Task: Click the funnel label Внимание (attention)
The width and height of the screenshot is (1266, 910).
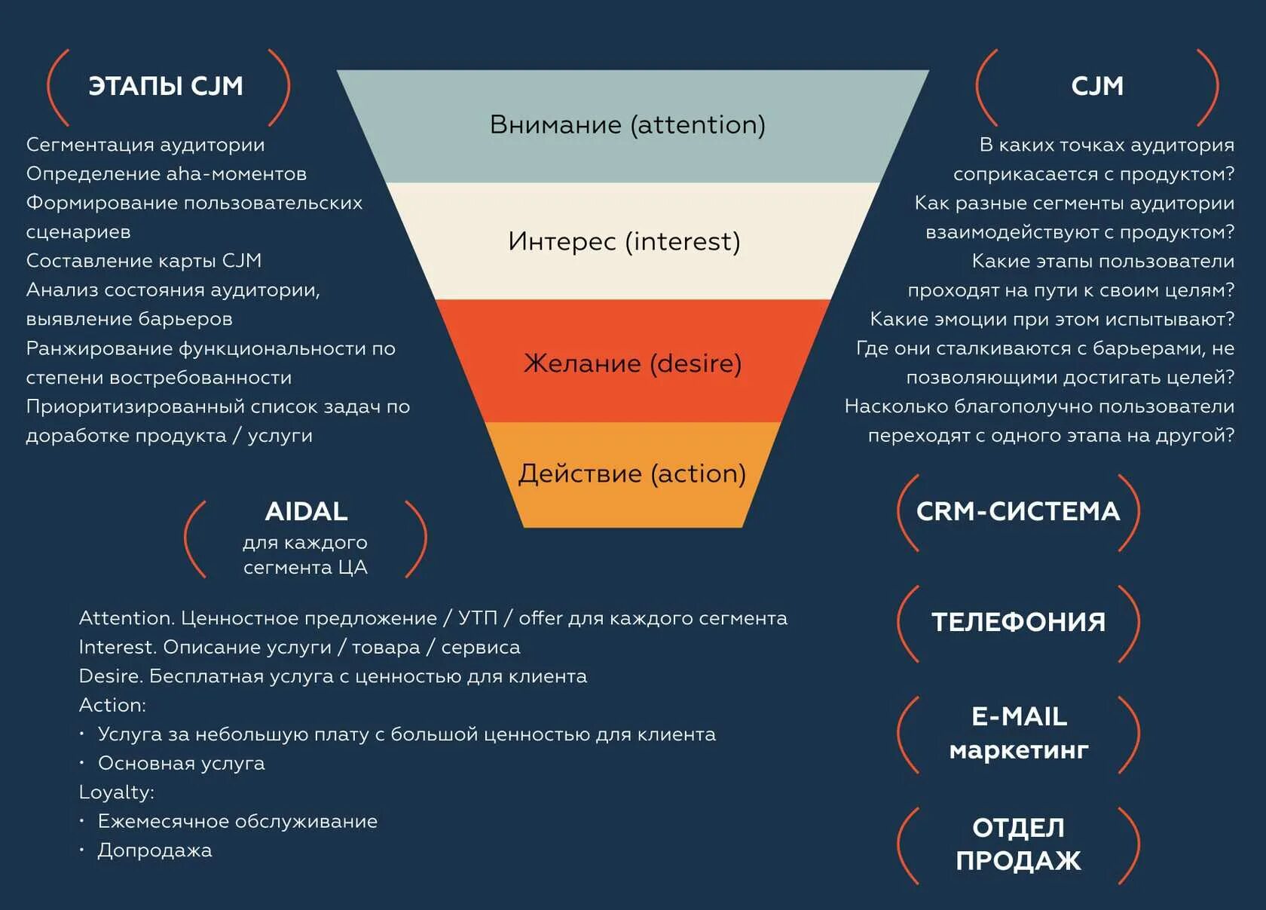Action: tap(627, 124)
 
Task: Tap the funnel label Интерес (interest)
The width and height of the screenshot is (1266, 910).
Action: tap(624, 241)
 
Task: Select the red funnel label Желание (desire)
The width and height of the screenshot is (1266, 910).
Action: tap(632, 363)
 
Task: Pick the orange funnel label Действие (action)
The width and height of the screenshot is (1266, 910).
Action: tap(631, 473)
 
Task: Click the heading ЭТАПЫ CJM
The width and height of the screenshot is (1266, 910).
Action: tap(166, 86)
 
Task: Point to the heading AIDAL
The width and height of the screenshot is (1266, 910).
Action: tap(306, 511)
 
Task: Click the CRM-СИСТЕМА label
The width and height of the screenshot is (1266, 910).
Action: tap(1017, 511)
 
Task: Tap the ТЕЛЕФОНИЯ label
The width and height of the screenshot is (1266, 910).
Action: tap(1018, 622)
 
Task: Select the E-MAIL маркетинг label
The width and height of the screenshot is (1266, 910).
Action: tap(1019, 733)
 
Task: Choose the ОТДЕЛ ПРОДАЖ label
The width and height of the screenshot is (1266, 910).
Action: tap(1018, 844)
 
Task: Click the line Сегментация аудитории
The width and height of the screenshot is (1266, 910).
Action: tap(145, 145)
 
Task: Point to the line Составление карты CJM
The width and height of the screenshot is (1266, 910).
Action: tap(144, 261)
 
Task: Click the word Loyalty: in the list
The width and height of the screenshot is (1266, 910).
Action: tap(117, 792)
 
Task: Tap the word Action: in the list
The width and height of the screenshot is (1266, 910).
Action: tap(112, 705)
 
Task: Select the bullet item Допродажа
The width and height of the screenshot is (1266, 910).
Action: tap(154, 850)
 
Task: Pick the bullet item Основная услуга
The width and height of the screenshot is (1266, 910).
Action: tap(181, 763)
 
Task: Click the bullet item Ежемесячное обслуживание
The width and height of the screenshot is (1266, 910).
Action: tap(237, 821)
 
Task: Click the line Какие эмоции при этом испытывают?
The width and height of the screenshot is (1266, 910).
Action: tap(1052, 319)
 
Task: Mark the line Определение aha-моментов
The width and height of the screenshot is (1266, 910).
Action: tap(167, 173)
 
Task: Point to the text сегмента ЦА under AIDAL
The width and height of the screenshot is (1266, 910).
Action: tap(305, 567)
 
